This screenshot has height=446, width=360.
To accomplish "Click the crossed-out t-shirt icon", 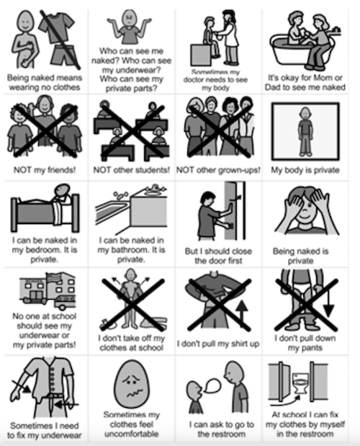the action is pyautogui.click(x=57, y=27).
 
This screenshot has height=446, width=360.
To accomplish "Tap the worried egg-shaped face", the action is pyautogui.click(x=131, y=384).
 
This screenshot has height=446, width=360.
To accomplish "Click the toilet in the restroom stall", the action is pyautogui.click(x=300, y=384).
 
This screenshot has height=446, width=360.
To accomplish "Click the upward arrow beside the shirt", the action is pyautogui.click(x=241, y=313).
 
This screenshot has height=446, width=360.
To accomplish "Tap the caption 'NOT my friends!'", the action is pyautogui.click(x=45, y=170).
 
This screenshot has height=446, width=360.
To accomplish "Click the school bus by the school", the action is pyautogui.click(x=66, y=302).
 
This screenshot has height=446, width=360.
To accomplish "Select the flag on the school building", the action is pyautogui.click(x=53, y=278).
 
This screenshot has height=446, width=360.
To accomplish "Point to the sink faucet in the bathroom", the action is pyautogui.click(x=154, y=188).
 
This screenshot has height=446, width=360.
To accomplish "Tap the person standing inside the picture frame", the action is pyautogui.click(x=305, y=131).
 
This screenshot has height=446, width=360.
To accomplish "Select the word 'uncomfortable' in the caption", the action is pyautogui.click(x=131, y=434).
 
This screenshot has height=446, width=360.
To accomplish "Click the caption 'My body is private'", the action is pyautogui.click(x=305, y=170).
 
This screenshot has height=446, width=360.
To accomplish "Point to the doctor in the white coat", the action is pyautogui.click(x=229, y=37).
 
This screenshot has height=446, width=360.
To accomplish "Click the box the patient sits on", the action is pyautogui.click(x=201, y=55).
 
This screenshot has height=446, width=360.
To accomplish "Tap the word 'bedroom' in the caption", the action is pyautogui.click(x=42, y=250).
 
